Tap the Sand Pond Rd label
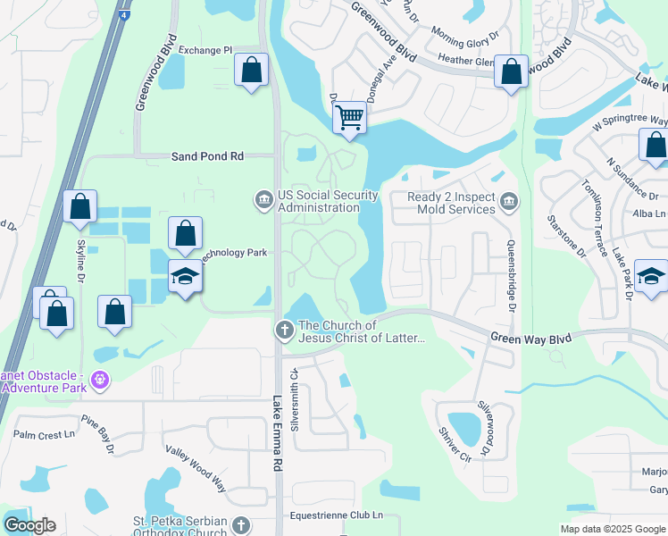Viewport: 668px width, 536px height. click(x=207, y=155)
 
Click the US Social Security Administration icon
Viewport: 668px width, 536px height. click(x=263, y=197)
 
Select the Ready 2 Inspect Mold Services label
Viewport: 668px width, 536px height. click(x=451, y=203)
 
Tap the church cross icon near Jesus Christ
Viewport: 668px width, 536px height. click(x=284, y=331)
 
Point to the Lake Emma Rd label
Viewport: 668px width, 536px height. click(x=277, y=434)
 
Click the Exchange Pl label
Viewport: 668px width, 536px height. click(x=205, y=50)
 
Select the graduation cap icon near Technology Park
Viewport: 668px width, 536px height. click(x=186, y=276)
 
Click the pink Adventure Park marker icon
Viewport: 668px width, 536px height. click(x=101, y=380)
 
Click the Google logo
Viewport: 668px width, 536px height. click(x=29, y=525)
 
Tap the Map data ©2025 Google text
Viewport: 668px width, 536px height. click(x=612, y=529)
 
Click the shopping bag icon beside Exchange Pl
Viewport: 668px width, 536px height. click(x=252, y=70)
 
